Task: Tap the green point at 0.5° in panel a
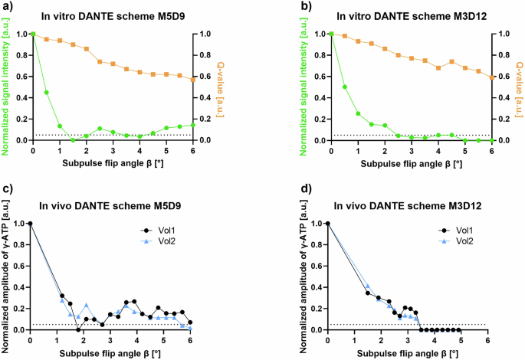click(47, 93)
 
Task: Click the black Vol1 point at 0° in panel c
click(30, 223)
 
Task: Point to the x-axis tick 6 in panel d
click(487, 339)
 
